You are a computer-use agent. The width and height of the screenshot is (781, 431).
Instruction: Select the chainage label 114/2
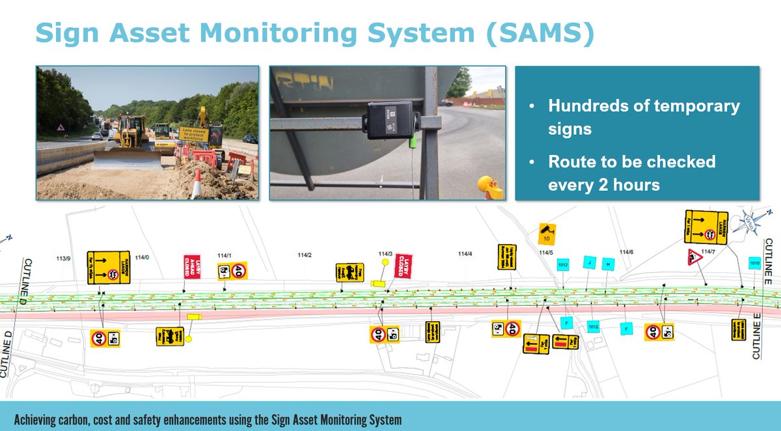coord(304,255)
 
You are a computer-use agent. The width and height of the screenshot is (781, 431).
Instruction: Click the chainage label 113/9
coord(63,258)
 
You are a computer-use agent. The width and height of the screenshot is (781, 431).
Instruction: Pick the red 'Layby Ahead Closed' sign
coord(191,267)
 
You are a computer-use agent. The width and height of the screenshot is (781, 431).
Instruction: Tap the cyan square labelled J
coord(589,262)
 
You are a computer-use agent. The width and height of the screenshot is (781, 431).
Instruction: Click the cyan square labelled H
coord(607,264)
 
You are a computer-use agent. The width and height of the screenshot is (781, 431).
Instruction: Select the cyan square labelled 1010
coord(754,264)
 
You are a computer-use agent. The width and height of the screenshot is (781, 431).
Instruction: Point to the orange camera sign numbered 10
coord(547,232)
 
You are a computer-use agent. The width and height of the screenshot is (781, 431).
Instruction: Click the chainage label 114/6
coord(626,252)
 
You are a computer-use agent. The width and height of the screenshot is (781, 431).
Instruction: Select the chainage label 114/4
coord(465,254)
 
